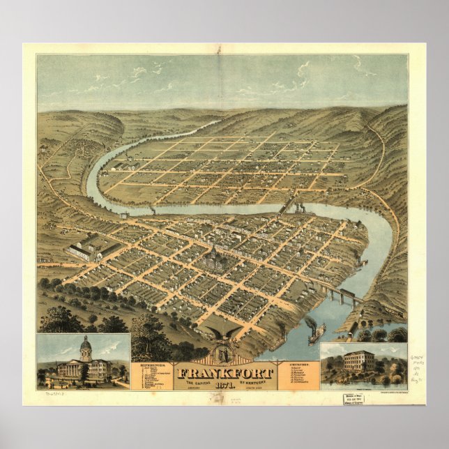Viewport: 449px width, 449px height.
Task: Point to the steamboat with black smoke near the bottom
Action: click(316, 333)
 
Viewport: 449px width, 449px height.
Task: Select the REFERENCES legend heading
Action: click(151, 363)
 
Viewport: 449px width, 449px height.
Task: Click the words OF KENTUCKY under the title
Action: click(256, 381)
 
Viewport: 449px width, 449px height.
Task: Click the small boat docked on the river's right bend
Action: click(363, 264)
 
